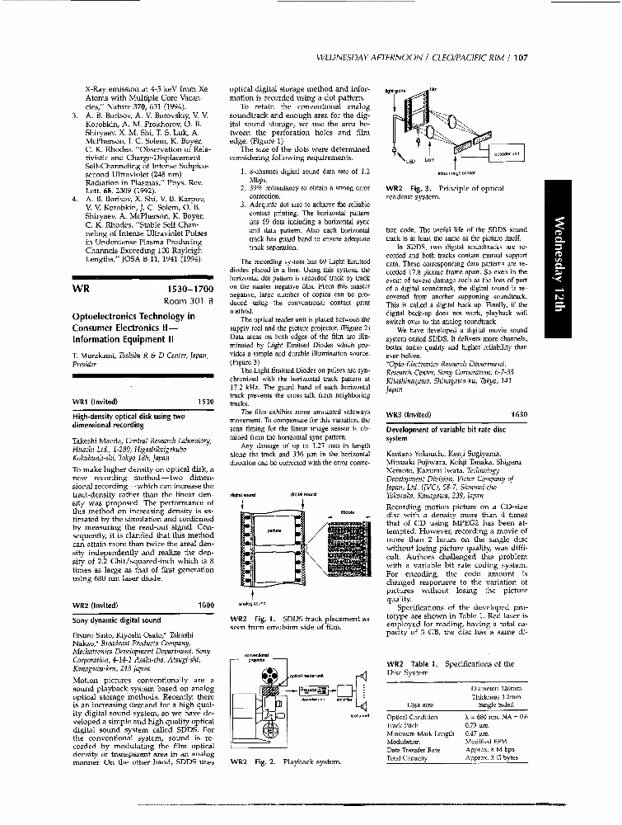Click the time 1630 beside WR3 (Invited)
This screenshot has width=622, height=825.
[x=519, y=415]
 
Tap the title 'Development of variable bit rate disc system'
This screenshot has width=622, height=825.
[x=441, y=434]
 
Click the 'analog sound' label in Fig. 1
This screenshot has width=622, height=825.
[x=241, y=604]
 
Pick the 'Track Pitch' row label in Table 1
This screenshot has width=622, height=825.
[x=401, y=725]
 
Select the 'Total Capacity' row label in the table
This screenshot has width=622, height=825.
[x=406, y=757]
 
